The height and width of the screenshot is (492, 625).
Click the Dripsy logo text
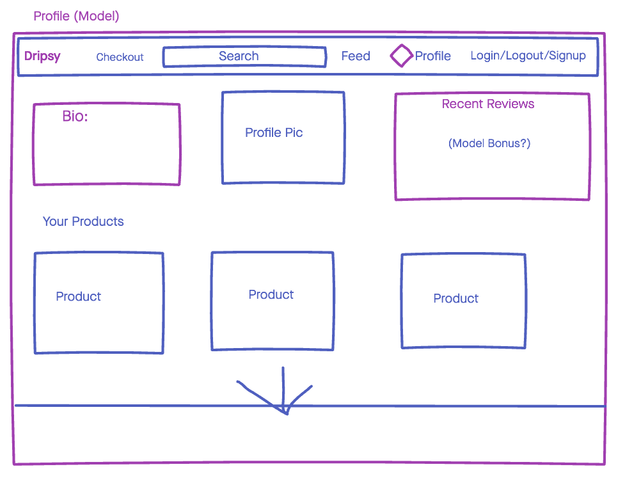(42, 56)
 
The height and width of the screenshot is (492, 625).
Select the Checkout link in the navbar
(120, 57)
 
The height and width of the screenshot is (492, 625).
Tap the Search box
(244, 56)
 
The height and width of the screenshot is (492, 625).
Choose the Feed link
(356, 56)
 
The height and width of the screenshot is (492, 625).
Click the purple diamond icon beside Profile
(401, 56)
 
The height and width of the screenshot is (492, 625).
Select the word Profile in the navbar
(433, 56)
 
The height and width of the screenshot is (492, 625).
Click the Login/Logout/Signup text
(528, 56)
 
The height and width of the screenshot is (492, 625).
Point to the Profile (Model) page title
(76, 17)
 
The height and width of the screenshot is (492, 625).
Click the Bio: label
(75, 116)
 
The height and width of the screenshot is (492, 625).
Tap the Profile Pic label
(274, 133)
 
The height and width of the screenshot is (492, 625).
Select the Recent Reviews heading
(488, 104)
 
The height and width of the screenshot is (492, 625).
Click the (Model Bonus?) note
(489, 143)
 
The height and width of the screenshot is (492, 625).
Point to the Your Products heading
(83, 222)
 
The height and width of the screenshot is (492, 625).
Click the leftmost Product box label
(78, 297)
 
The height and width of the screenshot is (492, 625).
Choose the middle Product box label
(271, 295)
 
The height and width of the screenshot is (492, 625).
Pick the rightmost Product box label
(455, 299)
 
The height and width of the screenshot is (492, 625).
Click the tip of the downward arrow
(286, 413)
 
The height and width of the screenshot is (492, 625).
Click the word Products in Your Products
(98, 222)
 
